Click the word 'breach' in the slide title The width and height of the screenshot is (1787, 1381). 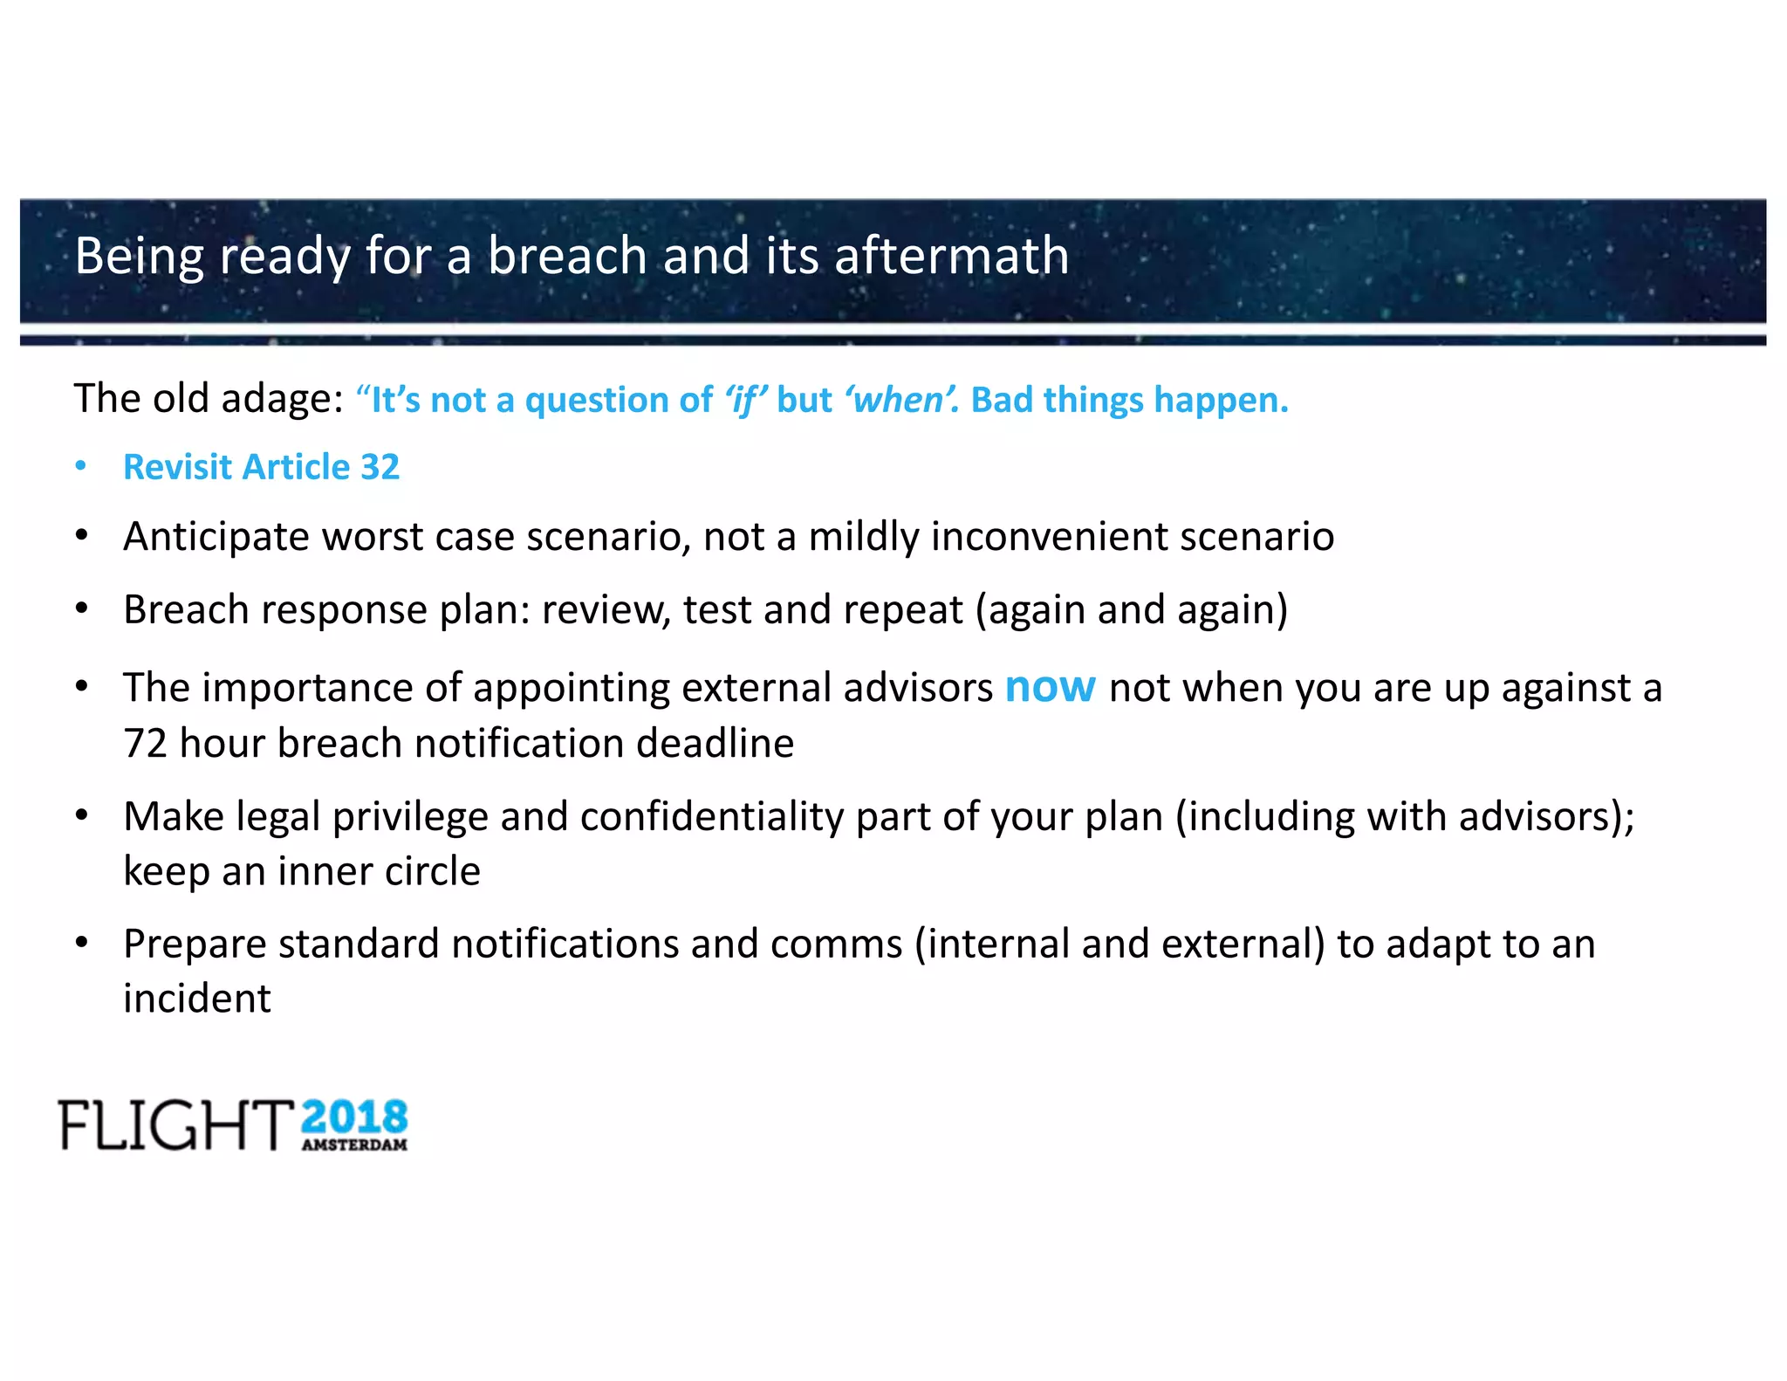tap(566, 256)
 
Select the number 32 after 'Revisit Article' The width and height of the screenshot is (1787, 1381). tap(380, 467)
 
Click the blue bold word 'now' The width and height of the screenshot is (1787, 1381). tap(1050, 687)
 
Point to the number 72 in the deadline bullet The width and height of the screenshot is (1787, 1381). tap(145, 744)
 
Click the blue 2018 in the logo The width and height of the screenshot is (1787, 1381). tap(354, 1118)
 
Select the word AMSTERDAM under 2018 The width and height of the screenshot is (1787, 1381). tap(354, 1145)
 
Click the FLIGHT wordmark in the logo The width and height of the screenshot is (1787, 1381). tap(175, 1125)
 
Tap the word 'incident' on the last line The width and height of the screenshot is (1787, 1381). tap(197, 999)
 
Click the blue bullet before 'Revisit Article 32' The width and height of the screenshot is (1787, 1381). tap(81, 466)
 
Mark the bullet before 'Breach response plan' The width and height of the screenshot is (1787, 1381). tap(81, 609)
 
